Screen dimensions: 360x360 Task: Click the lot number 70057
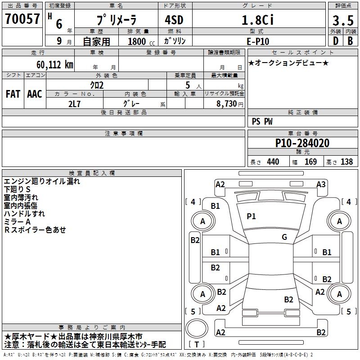22,19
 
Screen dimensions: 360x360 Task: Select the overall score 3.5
342,21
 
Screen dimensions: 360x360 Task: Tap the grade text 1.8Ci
257,20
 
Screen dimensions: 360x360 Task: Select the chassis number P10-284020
302,143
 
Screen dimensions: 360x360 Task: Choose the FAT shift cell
13,94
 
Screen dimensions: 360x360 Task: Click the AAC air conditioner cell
35,94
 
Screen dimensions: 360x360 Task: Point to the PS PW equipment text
262,121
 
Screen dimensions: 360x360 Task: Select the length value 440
273,162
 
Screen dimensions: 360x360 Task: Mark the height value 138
346,162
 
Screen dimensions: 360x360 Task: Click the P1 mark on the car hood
251,216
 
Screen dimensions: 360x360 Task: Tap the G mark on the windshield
284,237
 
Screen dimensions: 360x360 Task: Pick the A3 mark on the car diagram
321,184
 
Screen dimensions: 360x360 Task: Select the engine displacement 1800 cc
138,41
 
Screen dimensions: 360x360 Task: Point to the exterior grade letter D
335,40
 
